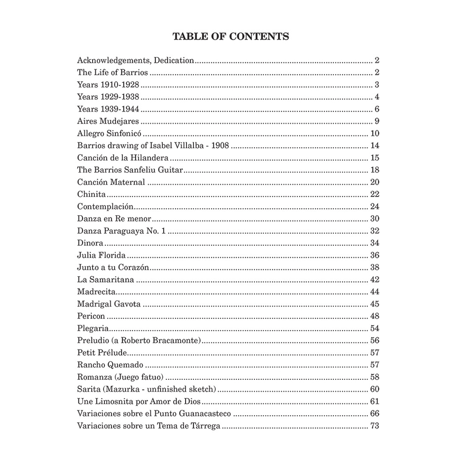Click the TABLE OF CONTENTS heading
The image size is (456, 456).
[x=231, y=36]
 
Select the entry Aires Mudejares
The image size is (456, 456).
[x=108, y=121]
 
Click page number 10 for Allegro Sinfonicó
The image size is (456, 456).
[x=375, y=134]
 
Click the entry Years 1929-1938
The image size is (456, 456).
[x=108, y=97]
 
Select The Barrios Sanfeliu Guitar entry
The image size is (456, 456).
[x=130, y=170]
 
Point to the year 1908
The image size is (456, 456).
[x=219, y=146]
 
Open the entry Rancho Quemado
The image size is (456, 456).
[x=111, y=365]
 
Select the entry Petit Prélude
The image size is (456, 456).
[x=102, y=353]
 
